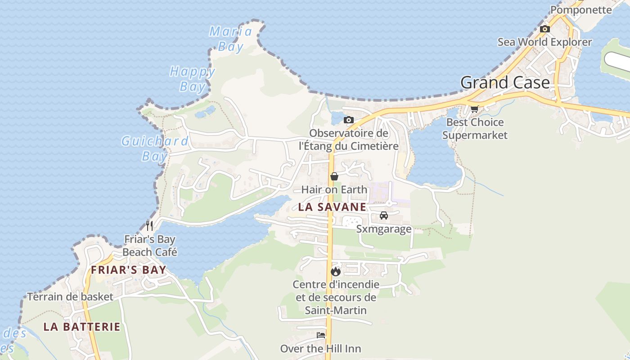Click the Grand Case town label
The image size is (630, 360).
pos(505,83)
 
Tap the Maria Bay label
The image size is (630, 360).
pos(231,39)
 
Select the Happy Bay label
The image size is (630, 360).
pos(193,79)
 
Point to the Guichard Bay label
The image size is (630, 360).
pos(155,148)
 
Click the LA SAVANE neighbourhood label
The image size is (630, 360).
pos(332,207)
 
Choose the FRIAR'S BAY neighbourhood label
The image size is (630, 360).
pos(129,270)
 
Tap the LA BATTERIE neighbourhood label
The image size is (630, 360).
pos(82,327)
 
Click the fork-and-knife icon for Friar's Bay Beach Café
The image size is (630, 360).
pos(150,225)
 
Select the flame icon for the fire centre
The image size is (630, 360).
pos(336,271)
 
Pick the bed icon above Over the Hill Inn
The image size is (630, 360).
pos(321,335)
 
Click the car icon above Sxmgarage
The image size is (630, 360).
pos(384,216)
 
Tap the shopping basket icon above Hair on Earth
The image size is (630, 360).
pos(334,176)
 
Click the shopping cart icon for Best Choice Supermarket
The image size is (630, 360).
pos(474,109)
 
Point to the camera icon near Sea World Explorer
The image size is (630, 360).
pos(545,29)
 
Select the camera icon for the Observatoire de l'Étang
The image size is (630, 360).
pos(348,120)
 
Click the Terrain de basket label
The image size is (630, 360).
pos(70,297)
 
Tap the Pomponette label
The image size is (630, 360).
pos(581,9)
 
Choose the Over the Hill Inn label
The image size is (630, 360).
pos(320,349)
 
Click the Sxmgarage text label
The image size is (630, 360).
pos(384,229)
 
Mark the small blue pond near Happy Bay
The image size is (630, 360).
pos(205,112)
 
